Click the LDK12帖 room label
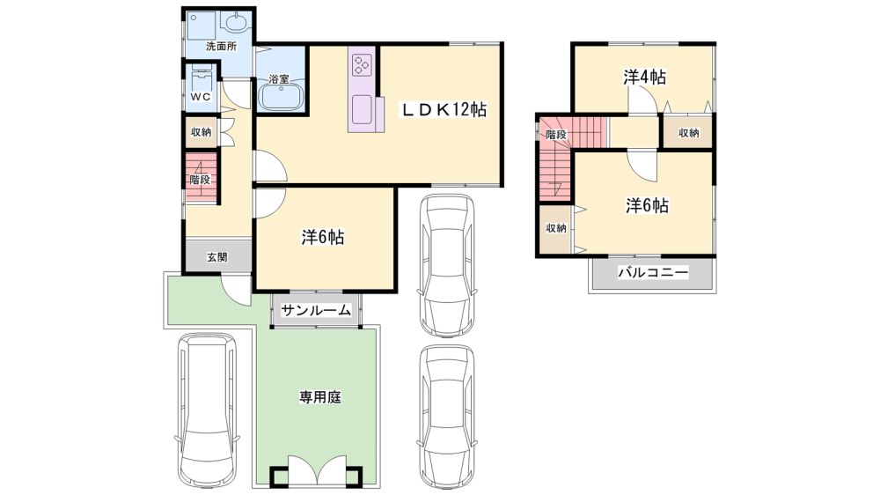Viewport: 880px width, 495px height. coord(443,109)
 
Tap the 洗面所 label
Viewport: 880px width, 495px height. coord(221,47)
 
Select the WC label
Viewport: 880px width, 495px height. coord(201,97)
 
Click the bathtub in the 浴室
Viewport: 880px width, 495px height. coord(281,96)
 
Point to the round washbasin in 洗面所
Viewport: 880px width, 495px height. coord(236,23)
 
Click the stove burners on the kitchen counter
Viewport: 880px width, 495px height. coord(361,64)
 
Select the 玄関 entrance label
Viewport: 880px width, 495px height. coord(217,257)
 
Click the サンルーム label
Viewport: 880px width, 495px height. coord(316,310)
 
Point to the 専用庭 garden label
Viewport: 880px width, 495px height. coord(319,398)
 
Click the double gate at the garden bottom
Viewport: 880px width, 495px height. coord(315,469)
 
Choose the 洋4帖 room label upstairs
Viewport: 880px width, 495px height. coord(644,77)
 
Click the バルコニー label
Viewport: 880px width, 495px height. coord(653,273)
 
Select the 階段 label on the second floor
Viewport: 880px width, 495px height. coord(556,135)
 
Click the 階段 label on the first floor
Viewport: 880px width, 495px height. coord(200,180)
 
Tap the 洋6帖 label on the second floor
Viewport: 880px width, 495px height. coord(647,206)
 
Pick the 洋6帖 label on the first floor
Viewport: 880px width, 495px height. coord(323,238)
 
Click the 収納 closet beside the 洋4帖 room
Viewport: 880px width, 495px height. coord(689,133)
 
